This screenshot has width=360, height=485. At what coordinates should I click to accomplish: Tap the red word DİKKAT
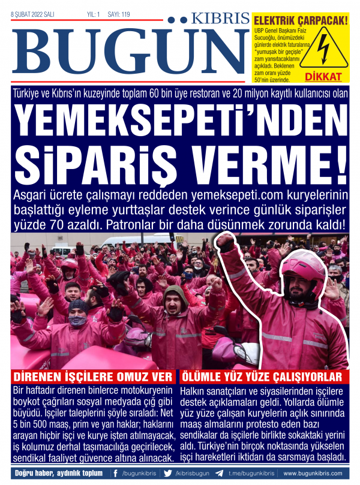pos(323,77)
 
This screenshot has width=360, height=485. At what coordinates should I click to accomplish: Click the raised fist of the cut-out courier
pos(226,242)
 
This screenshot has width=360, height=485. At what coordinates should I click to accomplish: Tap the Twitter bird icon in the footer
pos(168,474)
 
